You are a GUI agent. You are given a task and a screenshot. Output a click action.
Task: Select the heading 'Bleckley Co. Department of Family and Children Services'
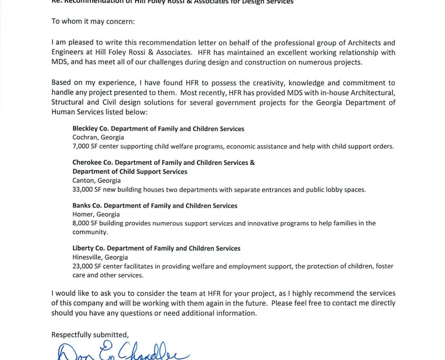pos(158,129)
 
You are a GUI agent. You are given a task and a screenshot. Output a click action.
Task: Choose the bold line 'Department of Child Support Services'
pos(130,172)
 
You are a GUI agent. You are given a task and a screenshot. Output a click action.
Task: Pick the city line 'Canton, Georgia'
pos(96,181)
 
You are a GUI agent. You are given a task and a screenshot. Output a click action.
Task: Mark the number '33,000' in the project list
pos(83,189)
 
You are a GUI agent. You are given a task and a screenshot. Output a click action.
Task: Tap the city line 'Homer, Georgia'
pos(96,215)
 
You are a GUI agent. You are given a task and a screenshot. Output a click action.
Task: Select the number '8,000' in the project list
pos(81,223)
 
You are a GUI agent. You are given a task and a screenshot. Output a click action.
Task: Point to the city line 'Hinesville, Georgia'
pos(100,257)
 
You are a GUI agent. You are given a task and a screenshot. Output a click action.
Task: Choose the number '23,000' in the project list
pos(83,266)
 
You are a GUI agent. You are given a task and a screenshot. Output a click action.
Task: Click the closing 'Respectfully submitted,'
pos(90,335)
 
